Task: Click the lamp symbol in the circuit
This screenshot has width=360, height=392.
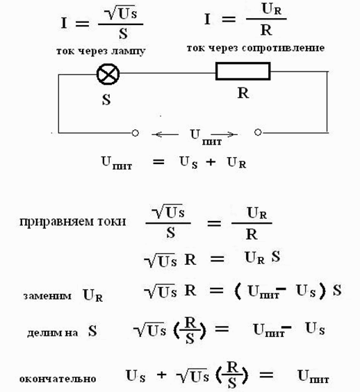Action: (x=108, y=74)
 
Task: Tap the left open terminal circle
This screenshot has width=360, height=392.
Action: (x=136, y=133)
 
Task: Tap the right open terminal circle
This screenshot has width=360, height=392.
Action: (x=258, y=132)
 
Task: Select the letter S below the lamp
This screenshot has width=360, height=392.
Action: (x=106, y=99)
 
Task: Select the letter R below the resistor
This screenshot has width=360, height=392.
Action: (x=243, y=93)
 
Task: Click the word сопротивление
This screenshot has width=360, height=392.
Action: (x=284, y=48)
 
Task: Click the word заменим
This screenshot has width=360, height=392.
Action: (x=47, y=296)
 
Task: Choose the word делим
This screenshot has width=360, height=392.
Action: (x=42, y=333)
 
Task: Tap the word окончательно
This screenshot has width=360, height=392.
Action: (x=58, y=379)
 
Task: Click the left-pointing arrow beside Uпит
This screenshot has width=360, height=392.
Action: (x=165, y=135)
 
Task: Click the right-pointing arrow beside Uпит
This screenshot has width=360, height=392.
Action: (x=224, y=135)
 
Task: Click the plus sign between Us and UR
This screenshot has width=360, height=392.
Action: (x=211, y=162)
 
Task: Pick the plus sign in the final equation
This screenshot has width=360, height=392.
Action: (x=162, y=375)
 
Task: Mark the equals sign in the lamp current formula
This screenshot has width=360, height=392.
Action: (x=83, y=24)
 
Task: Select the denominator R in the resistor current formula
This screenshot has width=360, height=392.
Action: (x=266, y=31)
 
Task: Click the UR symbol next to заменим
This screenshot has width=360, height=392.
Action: (x=92, y=295)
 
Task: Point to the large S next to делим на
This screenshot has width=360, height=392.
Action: (x=92, y=331)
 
